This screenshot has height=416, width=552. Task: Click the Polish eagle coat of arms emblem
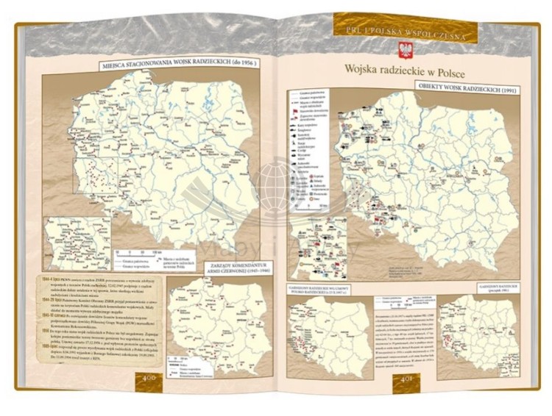pos(404,51)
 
